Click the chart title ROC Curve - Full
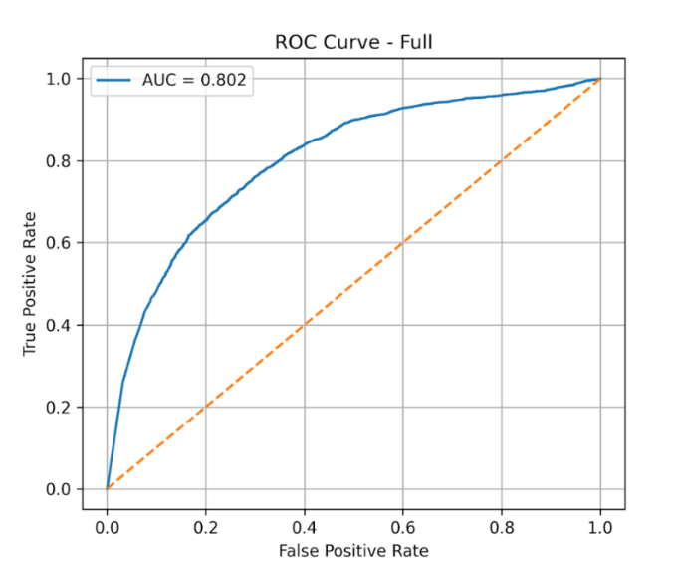[x=353, y=42]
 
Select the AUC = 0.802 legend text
[x=194, y=80]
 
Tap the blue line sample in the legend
[x=113, y=80]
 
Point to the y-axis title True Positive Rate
[x=29, y=284]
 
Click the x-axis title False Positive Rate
[x=353, y=551]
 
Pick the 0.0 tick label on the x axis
[x=108, y=528]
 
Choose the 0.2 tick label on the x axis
[x=205, y=528]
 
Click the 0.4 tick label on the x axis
[x=305, y=528]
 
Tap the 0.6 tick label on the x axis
[x=403, y=528]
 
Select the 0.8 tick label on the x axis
[x=502, y=528]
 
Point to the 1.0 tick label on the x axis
[x=600, y=528]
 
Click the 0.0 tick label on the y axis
[x=58, y=489]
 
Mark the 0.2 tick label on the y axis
[x=58, y=408]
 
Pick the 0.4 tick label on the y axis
[x=58, y=326]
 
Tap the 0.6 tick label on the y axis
[x=58, y=243]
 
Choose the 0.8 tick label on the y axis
[x=58, y=161]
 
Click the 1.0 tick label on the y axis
[x=58, y=79]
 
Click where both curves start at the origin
[x=108, y=489]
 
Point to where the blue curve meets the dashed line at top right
[x=600, y=79]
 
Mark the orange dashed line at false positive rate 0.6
[x=403, y=243]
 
